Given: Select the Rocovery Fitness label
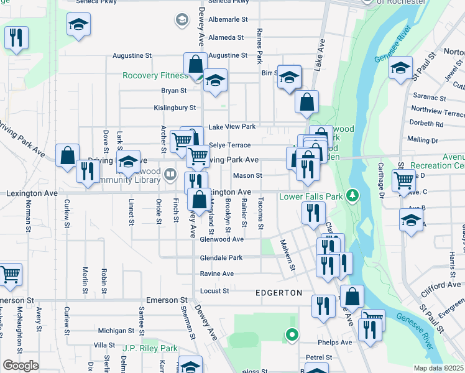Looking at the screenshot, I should point(155,76).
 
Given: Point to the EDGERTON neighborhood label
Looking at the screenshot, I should point(279,292).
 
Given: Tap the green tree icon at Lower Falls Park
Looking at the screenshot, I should point(353,196).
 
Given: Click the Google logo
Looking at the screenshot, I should point(21,366).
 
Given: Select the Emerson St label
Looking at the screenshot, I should point(167,300).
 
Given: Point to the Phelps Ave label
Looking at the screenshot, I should point(337,342).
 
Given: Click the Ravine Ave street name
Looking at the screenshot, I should point(216,274).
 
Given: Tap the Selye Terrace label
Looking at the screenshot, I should point(229,145).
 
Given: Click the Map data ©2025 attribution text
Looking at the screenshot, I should point(438,368).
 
